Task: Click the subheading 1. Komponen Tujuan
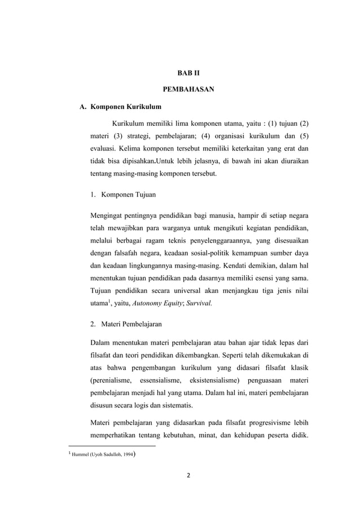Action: (124, 195)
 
